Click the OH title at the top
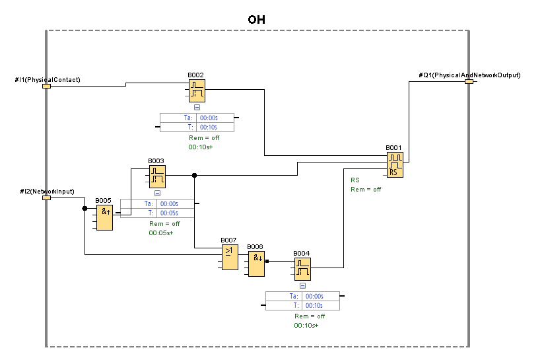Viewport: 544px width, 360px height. [x=256, y=20]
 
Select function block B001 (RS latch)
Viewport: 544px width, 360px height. [x=395, y=165]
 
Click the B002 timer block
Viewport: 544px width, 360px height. [x=197, y=91]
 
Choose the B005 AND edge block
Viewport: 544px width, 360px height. [x=104, y=217]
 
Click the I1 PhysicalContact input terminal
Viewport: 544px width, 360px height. [x=47, y=86]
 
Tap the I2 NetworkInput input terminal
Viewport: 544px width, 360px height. [x=47, y=197]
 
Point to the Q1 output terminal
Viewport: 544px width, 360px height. [x=469, y=81]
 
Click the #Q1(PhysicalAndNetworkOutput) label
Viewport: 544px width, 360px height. [x=469, y=75]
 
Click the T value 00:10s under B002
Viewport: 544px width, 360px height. [x=208, y=127]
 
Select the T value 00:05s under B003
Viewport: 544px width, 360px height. [x=169, y=213]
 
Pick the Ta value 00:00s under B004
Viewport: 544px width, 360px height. [x=314, y=297]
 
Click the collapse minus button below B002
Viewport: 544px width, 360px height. [x=197, y=107]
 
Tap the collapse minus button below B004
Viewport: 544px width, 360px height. [x=302, y=285]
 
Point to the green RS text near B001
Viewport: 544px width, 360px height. [x=355, y=180]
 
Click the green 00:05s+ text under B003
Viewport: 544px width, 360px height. [x=161, y=233]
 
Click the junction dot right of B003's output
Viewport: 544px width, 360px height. [x=194, y=175]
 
